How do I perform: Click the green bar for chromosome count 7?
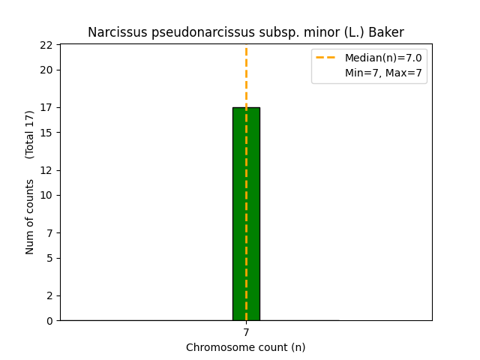246,214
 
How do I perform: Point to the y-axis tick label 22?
46,45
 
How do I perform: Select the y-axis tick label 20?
46,70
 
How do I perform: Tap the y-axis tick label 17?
46,107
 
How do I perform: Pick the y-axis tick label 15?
46,133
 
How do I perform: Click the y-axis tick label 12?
46,170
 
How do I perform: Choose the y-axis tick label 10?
46,195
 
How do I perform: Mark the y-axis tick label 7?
49,233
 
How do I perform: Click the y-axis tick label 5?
49,258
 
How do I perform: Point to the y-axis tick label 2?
49,295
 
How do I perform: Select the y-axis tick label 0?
49,321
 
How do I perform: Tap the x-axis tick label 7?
246,332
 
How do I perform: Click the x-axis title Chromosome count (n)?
246,347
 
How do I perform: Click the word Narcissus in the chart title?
118,32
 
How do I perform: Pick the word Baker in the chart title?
386,32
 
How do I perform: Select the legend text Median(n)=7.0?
383,58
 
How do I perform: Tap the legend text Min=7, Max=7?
383,73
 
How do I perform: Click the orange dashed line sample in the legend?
325,57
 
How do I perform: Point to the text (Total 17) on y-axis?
29,135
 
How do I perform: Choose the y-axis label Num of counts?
29,217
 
